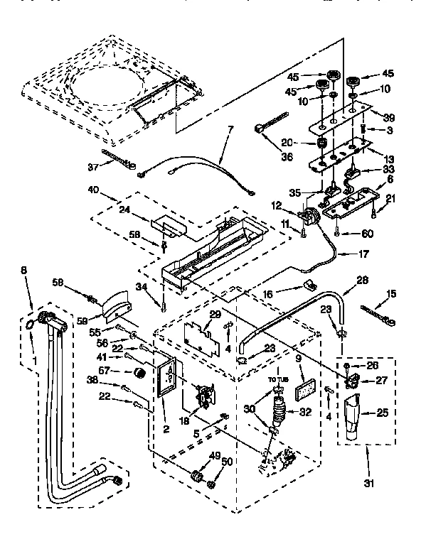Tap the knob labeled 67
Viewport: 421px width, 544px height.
(x=139, y=372)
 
